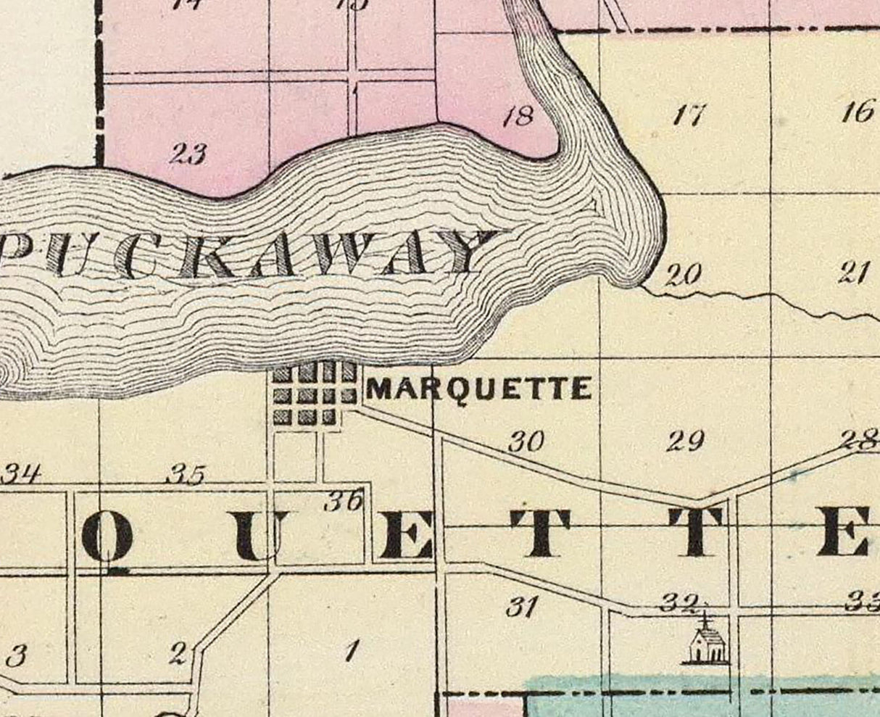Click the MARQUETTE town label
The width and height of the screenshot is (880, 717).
(x=478, y=389)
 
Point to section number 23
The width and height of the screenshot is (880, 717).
(x=188, y=154)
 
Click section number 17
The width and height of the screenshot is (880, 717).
(x=689, y=115)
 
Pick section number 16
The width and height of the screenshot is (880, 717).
(x=858, y=112)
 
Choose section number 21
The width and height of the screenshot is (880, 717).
(x=854, y=273)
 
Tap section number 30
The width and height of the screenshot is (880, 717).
(x=526, y=442)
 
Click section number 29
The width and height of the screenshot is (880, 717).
(x=685, y=440)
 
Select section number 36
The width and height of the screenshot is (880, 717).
(x=343, y=500)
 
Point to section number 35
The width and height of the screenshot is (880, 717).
(x=186, y=475)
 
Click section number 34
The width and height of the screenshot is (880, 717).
(x=22, y=475)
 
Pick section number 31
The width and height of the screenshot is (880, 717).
(x=522, y=606)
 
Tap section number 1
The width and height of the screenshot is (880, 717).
(x=352, y=652)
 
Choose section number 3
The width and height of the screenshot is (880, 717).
(x=16, y=657)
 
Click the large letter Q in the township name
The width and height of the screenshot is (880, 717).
(x=107, y=540)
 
